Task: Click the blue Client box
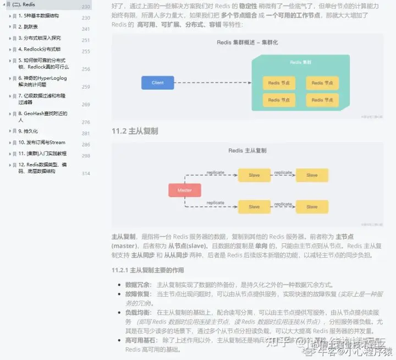157,83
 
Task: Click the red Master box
184,190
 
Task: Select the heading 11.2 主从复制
135,130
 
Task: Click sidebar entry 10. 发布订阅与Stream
42,143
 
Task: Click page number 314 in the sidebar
86,173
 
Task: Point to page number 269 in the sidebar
86,105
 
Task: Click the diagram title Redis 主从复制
248,150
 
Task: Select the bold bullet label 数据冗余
138,285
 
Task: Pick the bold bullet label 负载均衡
138,312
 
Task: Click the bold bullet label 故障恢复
138,294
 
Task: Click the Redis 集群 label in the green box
300,63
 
